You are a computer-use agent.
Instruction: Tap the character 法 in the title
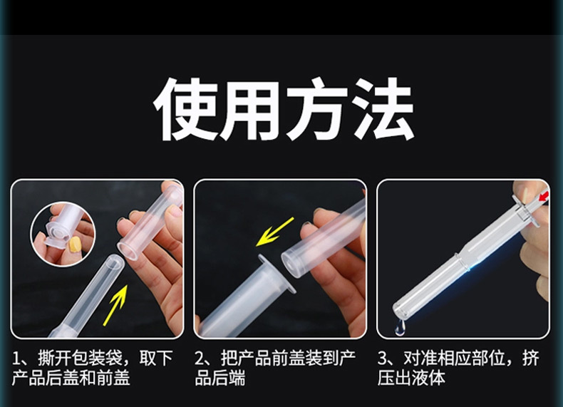(383, 109)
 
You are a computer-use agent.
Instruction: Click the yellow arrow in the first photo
(115, 304)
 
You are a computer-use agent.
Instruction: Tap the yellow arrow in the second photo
(275, 232)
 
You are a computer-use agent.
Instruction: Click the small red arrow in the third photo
(544, 196)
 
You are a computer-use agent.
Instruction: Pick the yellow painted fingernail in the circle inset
(75, 244)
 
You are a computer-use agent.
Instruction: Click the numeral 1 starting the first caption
(16, 359)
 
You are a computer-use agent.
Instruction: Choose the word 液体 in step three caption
(428, 378)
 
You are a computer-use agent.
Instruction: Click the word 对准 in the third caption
(420, 358)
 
